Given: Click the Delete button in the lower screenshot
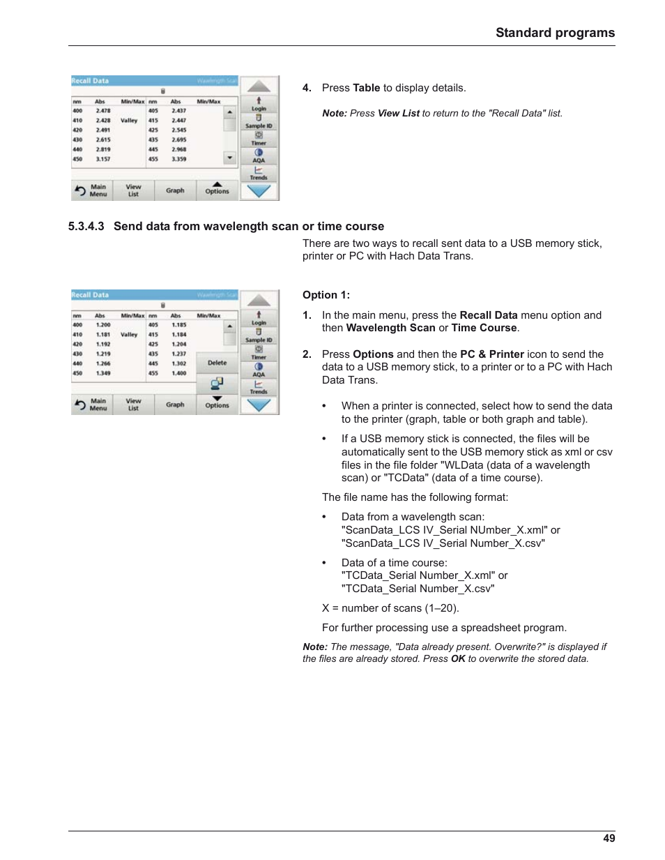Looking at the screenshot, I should pos(217,363).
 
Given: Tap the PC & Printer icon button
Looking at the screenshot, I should pos(217,383).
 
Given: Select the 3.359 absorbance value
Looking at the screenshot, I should pos(178,159).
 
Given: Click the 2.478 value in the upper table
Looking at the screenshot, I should pos(103,111).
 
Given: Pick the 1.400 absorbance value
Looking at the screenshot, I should pos(178,373).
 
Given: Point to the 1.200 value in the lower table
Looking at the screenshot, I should pos(103,325).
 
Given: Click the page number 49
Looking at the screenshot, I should pos(609,838).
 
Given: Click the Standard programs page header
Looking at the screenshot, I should pos(555,33).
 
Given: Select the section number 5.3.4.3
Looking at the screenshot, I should pos(86,227).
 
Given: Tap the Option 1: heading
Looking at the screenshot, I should pos(326,295).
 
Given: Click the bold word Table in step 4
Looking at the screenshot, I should pos(366,88).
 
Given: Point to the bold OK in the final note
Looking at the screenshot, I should pos(458,659).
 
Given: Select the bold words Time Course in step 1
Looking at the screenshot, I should pos(484,328).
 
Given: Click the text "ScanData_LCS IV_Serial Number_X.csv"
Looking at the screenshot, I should pos(443,543).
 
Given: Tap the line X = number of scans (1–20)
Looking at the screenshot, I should pos(390,608).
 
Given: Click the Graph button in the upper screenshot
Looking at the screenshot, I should pos(175,190).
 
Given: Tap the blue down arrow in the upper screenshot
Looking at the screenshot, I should pos(259,191).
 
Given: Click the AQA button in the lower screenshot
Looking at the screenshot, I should pos(259,370).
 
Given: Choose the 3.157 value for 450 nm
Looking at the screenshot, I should pos(103,159).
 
